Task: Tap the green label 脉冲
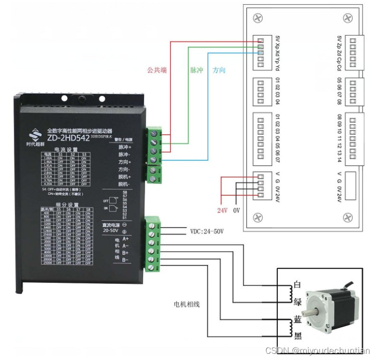pos(196,70)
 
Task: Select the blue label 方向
pos(219,70)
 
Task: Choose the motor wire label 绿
pos(298,301)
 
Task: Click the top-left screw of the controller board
pos(258,18)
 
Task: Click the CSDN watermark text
pos(317,351)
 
